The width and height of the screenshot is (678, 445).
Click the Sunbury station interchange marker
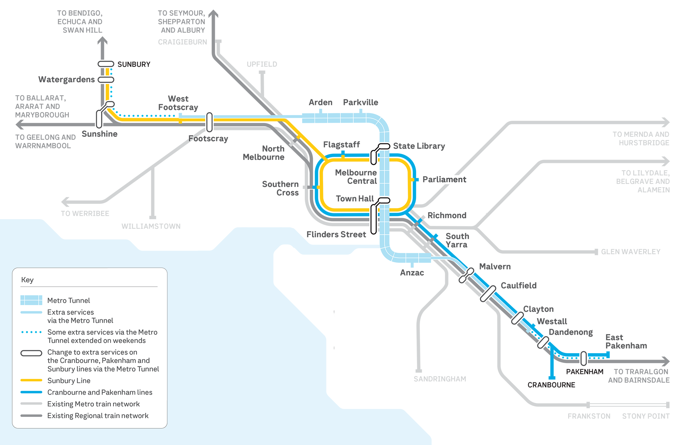pyautogui.click(x=106, y=64)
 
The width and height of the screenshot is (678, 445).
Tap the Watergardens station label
pyautogui.click(x=66, y=80)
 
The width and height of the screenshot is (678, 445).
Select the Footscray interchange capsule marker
pyautogui.click(x=210, y=122)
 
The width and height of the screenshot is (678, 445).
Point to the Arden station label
pyautogui.click(x=320, y=102)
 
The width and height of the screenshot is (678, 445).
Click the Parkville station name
pyautogui.click(x=360, y=102)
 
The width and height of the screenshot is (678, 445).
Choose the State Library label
pyautogui.click(x=419, y=146)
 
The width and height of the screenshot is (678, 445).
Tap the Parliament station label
pyautogui.click(x=444, y=179)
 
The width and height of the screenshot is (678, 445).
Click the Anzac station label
pyautogui.click(x=412, y=273)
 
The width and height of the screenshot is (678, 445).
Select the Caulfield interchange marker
pyautogui.click(x=488, y=294)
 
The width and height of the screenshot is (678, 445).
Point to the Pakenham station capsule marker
pyautogui.click(x=583, y=358)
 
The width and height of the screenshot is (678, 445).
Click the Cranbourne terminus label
pyautogui.click(x=551, y=385)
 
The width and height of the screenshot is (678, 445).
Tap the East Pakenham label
pyautogui.click(x=626, y=341)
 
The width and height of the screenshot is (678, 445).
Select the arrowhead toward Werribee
pyautogui.click(x=65, y=202)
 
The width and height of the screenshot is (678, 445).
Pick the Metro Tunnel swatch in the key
pyautogui.click(x=31, y=300)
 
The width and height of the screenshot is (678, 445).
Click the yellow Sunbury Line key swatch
pyautogui.click(x=31, y=380)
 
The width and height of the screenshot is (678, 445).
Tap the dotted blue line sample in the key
pyautogui.click(x=31, y=332)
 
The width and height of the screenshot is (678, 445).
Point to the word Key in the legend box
pyautogui.click(x=27, y=280)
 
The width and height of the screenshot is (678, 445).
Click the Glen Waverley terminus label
pyautogui.click(x=631, y=252)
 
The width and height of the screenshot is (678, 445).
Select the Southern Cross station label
pyautogui.click(x=280, y=188)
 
